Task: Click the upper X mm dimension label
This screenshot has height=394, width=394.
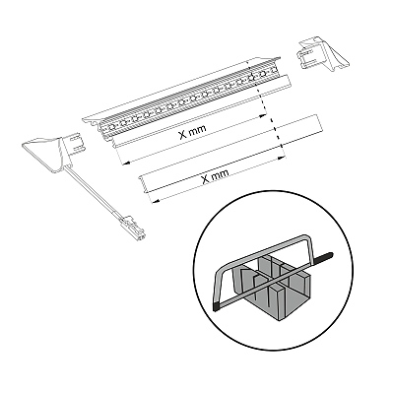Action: tap(193, 131)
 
